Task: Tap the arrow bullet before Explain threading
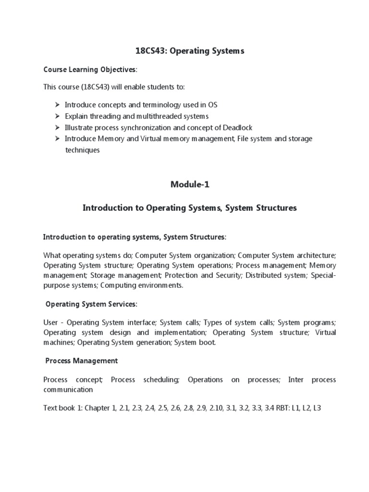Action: pos(57,116)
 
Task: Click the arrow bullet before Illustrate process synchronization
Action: pos(57,127)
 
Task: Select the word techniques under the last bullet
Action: pos(82,150)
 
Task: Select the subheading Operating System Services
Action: pos(91,304)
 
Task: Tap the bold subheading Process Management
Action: pos(81,360)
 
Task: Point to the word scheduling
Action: pos(161,380)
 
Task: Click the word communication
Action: pos(68,390)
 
